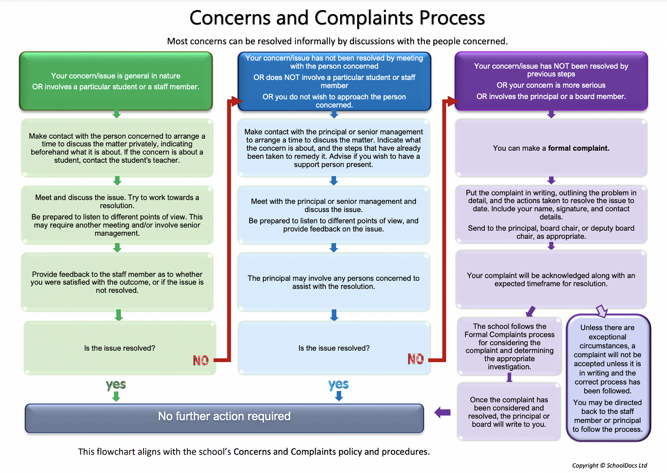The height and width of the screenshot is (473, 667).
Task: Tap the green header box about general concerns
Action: pos(116,81)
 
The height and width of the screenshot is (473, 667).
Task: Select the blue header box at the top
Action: pos(334,81)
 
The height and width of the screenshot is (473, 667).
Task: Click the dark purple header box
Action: pos(551,81)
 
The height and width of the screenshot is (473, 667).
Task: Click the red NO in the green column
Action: pos(201,360)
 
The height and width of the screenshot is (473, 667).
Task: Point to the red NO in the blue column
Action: pos(416,359)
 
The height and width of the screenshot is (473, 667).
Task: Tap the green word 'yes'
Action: pos(116,384)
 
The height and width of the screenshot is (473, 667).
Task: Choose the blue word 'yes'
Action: pos(339,384)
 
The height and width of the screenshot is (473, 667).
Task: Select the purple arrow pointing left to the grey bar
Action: pos(443,412)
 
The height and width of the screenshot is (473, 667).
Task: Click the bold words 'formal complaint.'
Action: pos(579,148)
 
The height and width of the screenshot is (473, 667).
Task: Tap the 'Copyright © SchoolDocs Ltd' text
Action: pos(609,465)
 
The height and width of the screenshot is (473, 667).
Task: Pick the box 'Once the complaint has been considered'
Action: pos(509,412)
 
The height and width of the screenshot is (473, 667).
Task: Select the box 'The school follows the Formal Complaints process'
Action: pos(509,346)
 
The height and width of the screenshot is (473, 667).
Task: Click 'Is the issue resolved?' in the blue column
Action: pos(334,348)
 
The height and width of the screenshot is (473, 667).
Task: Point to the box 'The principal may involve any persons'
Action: pos(333,282)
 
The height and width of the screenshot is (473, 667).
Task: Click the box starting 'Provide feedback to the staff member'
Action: pos(117,282)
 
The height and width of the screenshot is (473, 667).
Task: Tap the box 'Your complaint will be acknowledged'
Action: pos(551,280)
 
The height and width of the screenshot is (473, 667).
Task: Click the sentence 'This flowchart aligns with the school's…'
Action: pos(254,452)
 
